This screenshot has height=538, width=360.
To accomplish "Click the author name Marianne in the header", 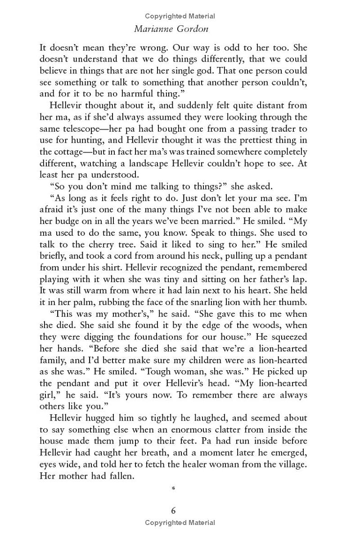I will (155, 28).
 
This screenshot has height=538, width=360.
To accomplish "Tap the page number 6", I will (173, 511).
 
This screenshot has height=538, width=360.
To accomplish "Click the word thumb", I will (294, 302).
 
